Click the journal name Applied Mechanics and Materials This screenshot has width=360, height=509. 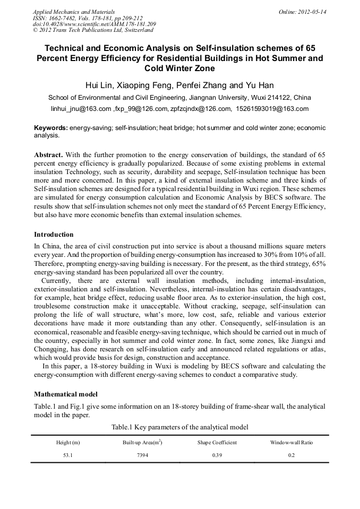click(74, 11)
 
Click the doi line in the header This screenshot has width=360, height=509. click(95, 24)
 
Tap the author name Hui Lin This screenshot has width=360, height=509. click(99, 85)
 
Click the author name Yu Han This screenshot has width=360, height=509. click(260, 85)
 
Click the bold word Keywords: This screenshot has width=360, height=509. click(51, 128)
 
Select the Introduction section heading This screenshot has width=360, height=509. click(54, 234)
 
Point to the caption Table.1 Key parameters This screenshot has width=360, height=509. click(179, 427)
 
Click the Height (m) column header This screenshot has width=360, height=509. click(68, 442)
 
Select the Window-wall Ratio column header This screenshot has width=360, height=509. click(291, 442)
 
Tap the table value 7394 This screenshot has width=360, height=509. click(142, 455)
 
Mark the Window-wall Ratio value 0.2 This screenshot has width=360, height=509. click(291, 455)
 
